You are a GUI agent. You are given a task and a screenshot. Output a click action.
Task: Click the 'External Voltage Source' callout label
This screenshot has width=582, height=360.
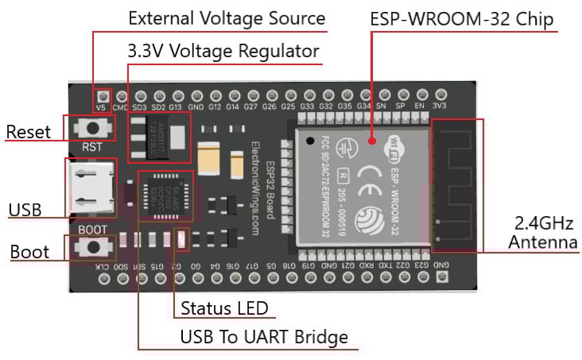pyautogui.click(x=226, y=18)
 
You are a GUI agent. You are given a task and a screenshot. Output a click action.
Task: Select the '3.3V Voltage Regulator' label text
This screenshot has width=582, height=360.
pyautogui.click(x=223, y=52)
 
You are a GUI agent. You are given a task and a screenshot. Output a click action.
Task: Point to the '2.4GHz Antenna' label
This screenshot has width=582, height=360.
pyautogui.click(x=543, y=232)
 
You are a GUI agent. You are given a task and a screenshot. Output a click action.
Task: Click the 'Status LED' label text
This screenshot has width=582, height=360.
pyautogui.click(x=224, y=308)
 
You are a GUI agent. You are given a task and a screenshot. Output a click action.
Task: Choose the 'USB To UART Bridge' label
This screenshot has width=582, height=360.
pyautogui.click(x=264, y=337)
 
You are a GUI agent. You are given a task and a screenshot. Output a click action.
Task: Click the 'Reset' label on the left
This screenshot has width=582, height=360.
pyautogui.click(x=28, y=132)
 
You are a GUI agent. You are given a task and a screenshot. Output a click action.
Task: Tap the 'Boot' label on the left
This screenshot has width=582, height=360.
pyautogui.click(x=29, y=252)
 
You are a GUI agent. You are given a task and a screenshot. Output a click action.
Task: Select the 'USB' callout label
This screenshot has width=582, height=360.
pyautogui.click(x=25, y=210)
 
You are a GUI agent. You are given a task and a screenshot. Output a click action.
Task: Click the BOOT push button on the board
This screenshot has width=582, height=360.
pyautogui.click(x=94, y=247)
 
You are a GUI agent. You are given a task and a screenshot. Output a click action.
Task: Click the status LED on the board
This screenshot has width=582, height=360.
pyautogui.click(x=180, y=238)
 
